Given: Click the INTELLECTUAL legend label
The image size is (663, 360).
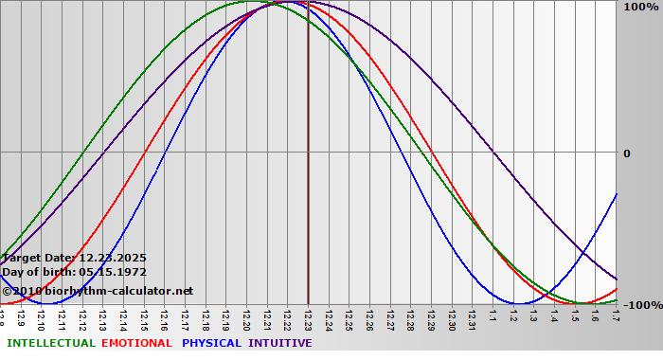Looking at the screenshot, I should point(50,343).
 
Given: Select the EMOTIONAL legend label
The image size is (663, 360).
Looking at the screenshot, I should point(136,343).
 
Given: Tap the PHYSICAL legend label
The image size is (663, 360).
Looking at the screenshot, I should point(212,343).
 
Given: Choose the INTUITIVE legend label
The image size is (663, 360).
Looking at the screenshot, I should point(279,343).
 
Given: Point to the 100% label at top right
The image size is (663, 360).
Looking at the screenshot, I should point(640,8).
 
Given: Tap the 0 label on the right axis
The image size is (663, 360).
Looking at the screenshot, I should point(626,153).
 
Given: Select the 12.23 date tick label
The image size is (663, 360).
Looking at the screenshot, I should point(309,316).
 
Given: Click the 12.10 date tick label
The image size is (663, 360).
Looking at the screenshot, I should point(42,316).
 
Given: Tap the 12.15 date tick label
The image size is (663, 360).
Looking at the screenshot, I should point(145,316).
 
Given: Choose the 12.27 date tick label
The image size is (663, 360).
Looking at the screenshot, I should point(390,316).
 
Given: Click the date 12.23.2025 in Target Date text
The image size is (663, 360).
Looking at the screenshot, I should point(113,258).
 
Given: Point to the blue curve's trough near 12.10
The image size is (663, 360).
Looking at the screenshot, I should point(53,303).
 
